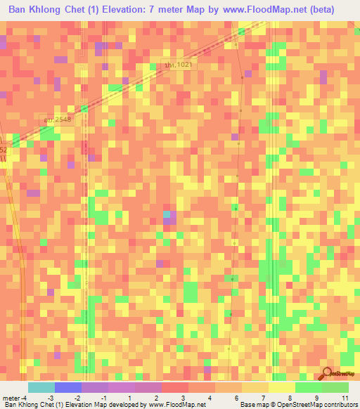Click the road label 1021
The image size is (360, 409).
tap(179, 64)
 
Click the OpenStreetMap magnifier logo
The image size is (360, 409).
tap(327, 374)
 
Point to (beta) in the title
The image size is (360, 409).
tap(319, 9)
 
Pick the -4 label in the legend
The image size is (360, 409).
tap(24, 397)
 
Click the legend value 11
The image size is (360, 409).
tap(344, 397)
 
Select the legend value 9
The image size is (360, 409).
tap(318, 397)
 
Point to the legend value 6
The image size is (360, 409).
tap(238, 397)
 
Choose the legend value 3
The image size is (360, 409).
tap(184, 397)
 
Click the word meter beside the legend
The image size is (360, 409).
tap(11, 397)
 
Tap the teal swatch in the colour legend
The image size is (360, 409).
tap(41, 387)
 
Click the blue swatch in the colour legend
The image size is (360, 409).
tap(68, 387)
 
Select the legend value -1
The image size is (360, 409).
tap(104, 397)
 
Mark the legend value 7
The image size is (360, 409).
tap(264, 397)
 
